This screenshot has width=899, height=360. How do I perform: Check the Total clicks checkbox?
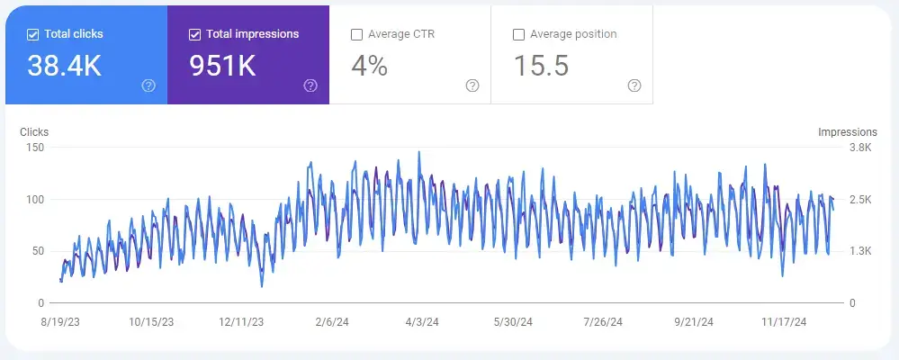coord(32,34)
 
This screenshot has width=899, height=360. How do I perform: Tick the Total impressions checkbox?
coord(195,34)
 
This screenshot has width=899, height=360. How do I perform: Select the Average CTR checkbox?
coord(356,34)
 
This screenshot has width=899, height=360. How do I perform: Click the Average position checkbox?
coord(519,34)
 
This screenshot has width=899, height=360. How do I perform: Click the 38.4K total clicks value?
coord(64,66)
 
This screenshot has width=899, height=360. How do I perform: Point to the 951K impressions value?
coord(222,66)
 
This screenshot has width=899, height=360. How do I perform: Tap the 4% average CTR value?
coord(369,66)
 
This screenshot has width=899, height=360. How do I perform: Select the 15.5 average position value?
coord(541,66)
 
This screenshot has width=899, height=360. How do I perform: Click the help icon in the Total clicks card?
coord(148,86)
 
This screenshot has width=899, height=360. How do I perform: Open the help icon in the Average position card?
coord(634,86)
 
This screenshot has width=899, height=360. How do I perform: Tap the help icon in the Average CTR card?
coord(472,86)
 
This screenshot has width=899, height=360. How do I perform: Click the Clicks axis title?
coord(34,131)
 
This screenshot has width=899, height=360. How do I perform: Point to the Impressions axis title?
coord(848,131)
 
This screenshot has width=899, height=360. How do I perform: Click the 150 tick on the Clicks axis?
coord(35,148)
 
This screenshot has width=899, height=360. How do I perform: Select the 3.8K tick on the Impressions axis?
coord(860,148)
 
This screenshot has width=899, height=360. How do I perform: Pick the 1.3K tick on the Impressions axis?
coord(860,251)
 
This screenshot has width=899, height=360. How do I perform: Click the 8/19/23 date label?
coord(60,322)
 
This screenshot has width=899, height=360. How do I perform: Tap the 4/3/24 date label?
coord(422,322)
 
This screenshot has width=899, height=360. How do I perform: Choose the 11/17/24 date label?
coord(784,322)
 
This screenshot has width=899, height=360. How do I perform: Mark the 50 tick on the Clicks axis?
coord(38,251)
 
